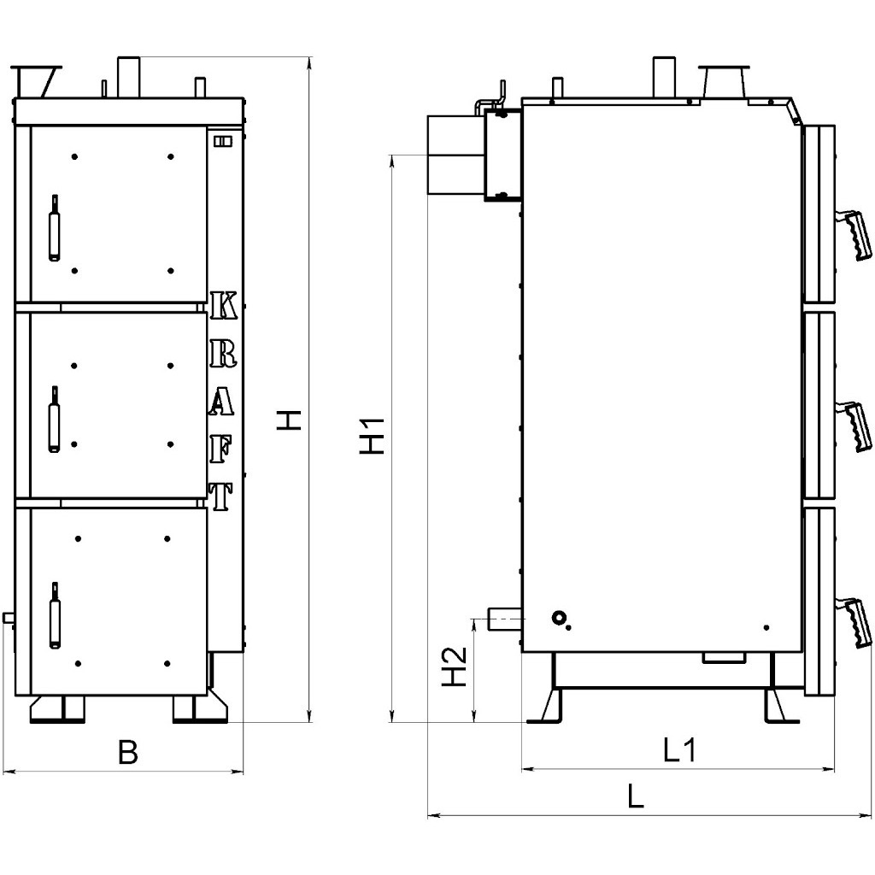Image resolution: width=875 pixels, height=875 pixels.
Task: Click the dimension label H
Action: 289,420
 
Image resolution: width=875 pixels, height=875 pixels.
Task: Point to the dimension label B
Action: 128,752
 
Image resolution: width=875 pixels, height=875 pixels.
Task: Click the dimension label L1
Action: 679,750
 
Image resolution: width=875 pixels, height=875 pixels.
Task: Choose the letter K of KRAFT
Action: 225,305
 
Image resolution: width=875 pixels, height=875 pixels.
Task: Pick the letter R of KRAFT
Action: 223,353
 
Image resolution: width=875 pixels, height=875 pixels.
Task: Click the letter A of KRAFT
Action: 221,401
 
